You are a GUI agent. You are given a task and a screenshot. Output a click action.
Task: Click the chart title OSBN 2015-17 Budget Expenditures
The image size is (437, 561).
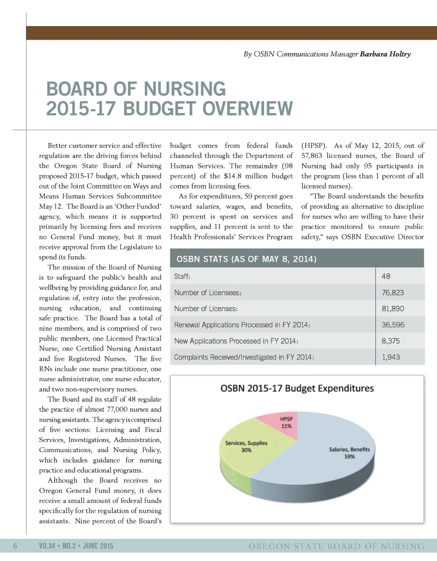tap(297, 388)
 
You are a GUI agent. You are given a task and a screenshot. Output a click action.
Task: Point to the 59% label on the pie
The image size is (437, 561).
tap(350, 457)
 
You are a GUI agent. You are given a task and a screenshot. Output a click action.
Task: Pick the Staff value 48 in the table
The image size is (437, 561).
tap(386, 276)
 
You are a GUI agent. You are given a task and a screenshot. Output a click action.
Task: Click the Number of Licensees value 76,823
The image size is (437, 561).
tap(393, 292)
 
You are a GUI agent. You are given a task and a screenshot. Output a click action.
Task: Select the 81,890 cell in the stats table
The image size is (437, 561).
tap(393, 309)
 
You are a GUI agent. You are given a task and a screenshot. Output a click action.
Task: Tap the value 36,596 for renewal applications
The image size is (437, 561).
tap(393, 325)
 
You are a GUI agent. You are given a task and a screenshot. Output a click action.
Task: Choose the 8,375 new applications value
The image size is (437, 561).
tap(390, 341)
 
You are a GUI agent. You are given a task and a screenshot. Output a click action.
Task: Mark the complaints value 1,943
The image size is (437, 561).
tap(390, 357)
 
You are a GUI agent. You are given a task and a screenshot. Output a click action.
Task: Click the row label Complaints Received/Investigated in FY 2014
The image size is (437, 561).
tap(244, 357)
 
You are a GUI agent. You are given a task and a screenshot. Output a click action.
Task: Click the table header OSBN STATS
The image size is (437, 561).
tap(246, 259)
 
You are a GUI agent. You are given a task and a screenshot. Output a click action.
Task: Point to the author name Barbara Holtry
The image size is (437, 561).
tap(385, 54)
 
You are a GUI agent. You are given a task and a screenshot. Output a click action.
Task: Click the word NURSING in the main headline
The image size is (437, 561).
tap(184, 89)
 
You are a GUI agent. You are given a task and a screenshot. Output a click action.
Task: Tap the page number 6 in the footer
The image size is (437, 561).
tap(15, 546)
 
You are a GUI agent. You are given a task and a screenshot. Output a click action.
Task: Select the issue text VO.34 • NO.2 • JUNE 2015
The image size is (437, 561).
tap(76, 546)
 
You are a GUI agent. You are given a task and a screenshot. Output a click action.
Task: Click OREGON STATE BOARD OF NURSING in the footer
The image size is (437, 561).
tap(336, 546)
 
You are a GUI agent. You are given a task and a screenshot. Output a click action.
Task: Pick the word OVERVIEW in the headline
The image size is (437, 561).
tap(248, 109)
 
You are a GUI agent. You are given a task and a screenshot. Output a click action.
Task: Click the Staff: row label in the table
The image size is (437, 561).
tap(182, 276)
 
